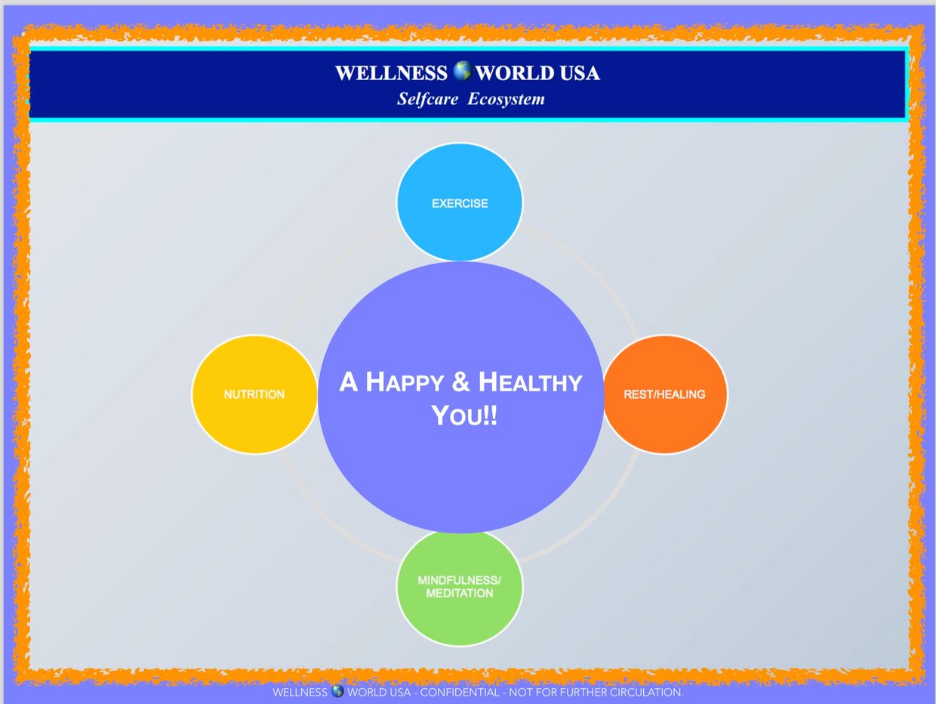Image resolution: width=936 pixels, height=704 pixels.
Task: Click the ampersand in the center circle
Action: pos(461,383)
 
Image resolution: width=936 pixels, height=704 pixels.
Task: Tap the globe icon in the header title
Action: pos(462,72)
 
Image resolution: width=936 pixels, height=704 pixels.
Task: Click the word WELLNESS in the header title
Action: pos(391,73)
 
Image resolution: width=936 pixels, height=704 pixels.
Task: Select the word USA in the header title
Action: pos(580,73)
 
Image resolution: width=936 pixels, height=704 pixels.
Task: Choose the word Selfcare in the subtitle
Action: pos(427,99)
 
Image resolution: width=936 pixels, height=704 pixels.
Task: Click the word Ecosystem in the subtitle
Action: pos(506,99)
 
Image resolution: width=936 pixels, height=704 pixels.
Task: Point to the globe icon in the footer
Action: pos(337,691)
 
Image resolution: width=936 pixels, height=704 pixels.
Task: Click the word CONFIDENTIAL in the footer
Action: pos(459,692)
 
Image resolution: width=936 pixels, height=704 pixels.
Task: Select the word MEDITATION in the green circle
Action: pos(460,594)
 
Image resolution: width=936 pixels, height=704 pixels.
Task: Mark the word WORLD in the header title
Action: pos(516,73)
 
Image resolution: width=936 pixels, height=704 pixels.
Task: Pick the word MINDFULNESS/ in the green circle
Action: pos(460,580)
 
